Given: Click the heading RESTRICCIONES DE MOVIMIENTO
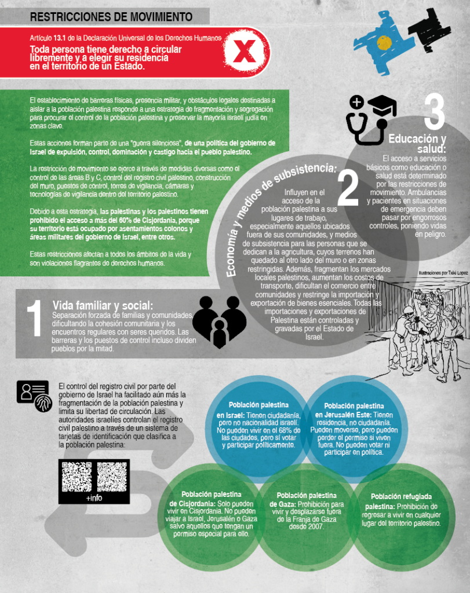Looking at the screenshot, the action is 111,17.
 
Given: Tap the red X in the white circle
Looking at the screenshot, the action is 244,52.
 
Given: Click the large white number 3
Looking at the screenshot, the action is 434,112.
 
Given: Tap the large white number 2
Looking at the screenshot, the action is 348,187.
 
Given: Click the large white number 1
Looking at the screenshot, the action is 34,318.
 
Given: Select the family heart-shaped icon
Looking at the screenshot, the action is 220,322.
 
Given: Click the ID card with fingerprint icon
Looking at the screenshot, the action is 34,396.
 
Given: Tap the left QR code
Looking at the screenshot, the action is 77,477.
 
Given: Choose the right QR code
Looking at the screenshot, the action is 112,477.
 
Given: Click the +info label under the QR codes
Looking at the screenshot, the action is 94,497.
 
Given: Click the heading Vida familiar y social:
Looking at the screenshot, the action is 103,305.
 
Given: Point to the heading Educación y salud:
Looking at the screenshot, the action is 417,144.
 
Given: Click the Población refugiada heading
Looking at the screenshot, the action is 401,496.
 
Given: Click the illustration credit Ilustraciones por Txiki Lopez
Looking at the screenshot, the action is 443,273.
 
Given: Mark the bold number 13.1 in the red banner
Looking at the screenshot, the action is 60,38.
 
